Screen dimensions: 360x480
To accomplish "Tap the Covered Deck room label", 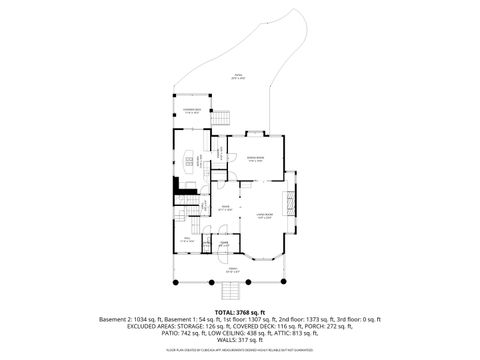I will coord(191,111).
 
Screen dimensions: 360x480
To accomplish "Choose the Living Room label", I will coord(265,216).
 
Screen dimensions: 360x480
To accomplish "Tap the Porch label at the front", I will coord(232,271).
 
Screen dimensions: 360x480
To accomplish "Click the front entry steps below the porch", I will coord(231,292).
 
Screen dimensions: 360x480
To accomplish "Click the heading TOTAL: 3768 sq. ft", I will coord(240,312).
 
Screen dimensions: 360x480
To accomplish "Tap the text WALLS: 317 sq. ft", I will coord(240,340).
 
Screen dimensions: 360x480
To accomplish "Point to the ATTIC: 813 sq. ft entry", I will coord(307,333).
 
